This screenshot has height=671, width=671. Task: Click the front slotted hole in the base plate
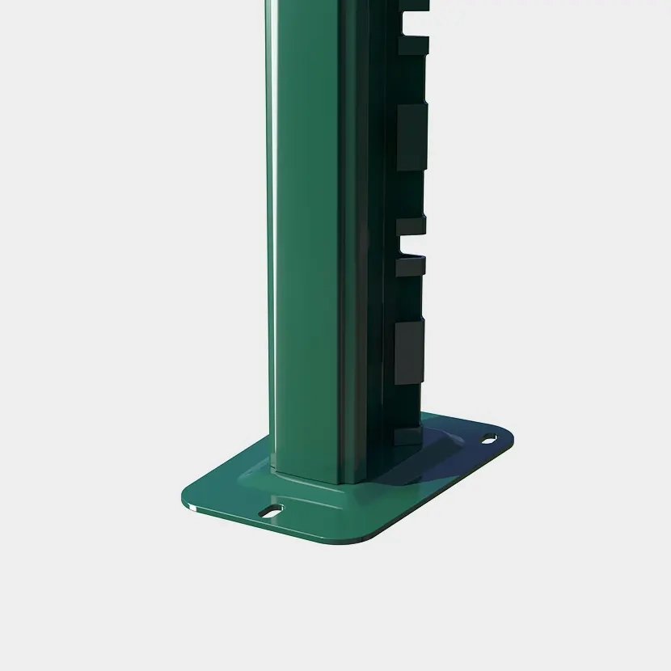pos(271,511)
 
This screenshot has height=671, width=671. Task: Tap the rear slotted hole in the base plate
pos(490,438)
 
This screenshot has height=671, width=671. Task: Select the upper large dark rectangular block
pos(410,137)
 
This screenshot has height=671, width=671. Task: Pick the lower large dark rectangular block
pos(410,352)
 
